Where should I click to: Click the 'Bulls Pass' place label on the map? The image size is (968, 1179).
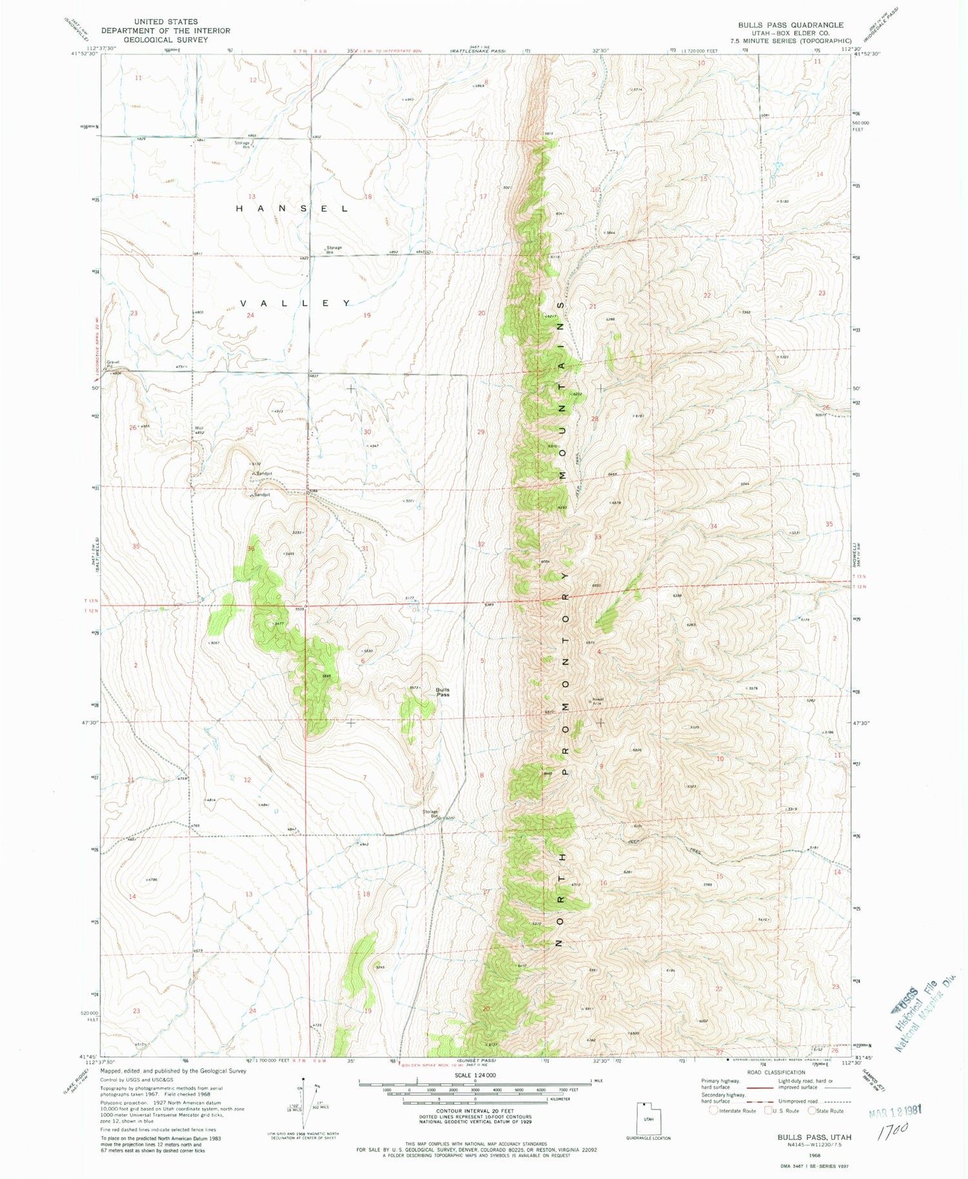pyautogui.click(x=443, y=692)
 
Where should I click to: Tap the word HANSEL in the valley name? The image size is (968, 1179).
pyautogui.click(x=292, y=208)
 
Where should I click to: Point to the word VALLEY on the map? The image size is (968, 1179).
pyautogui.click(x=296, y=303)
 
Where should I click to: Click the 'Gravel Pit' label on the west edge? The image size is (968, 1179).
pyautogui.click(x=114, y=364)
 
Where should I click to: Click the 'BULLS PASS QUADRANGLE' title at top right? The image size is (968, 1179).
pyautogui.click(x=791, y=25)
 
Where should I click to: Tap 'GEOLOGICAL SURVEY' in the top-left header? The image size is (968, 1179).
pyautogui.click(x=166, y=39)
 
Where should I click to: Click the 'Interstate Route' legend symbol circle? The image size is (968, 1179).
pyautogui.click(x=713, y=1111)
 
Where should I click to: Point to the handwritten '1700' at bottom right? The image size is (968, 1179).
pyautogui.click(x=893, y=1129)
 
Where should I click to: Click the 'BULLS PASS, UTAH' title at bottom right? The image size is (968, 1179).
pyautogui.click(x=814, y=1137)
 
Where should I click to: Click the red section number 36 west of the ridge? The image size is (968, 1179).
pyautogui.click(x=251, y=549)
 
